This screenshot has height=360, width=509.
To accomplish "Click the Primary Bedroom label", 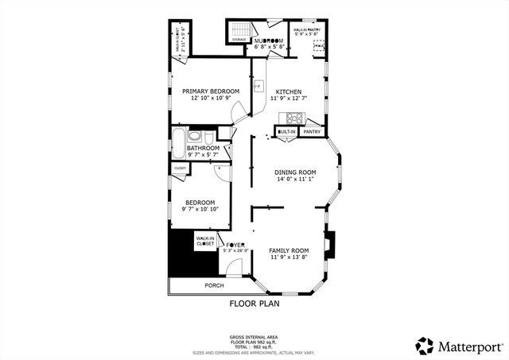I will pos(211,91).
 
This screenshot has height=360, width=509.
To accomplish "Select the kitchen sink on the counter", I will pos(258,86).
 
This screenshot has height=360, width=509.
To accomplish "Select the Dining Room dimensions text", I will pos(295,180).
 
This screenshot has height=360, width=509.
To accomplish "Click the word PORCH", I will pos(214,285).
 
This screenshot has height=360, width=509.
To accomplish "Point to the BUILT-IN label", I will pos(286,132).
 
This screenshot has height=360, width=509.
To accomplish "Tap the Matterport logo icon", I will pos(425,346).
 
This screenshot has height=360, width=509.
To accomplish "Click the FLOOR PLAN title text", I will pos(254,303).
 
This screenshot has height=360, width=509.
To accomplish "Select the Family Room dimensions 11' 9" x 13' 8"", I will pos(289,257).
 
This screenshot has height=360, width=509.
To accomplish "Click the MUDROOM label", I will pos(269,41).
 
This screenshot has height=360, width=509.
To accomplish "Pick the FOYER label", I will pos(235,244).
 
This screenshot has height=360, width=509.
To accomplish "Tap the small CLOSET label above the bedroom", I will pos(180,168).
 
